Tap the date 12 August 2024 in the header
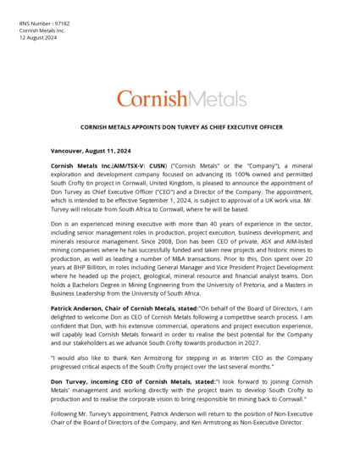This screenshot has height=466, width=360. pyautogui.click(x=38, y=38)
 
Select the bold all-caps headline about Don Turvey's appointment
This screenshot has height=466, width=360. pyautogui.click(x=180, y=129)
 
